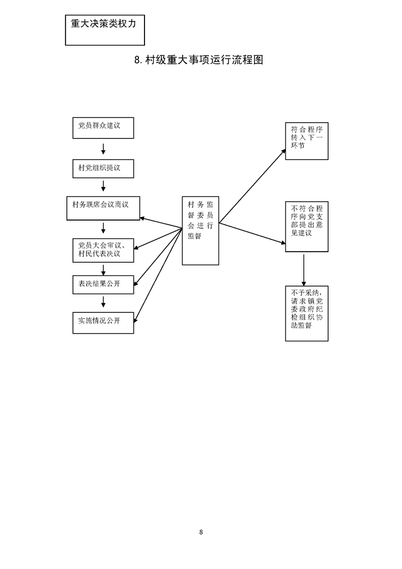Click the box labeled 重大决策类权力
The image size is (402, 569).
click(x=105, y=30)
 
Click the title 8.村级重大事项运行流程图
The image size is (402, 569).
click(x=199, y=60)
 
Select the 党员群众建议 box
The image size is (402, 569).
click(x=103, y=128)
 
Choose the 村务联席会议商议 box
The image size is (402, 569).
click(x=103, y=208)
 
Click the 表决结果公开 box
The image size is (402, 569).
click(x=103, y=284)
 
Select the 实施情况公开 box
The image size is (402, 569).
click(x=103, y=322)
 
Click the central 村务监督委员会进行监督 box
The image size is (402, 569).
click(x=200, y=230)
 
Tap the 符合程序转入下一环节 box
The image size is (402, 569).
click(x=306, y=140)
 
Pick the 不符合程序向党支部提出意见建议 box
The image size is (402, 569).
click(x=306, y=227)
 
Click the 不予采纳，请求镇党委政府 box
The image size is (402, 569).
click(x=306, y=313)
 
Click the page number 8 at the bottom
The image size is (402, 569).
click(x=201, y=532)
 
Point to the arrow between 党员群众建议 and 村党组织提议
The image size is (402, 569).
click(x=103, y=149)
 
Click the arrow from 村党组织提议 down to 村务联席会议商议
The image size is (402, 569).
click(x=103, y=186)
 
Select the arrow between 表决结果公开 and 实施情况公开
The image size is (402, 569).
click(x=103, y=302)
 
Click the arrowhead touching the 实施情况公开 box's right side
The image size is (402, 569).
click(x=136, y=319)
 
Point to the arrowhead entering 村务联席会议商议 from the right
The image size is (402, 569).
click(x=143, y=219)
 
